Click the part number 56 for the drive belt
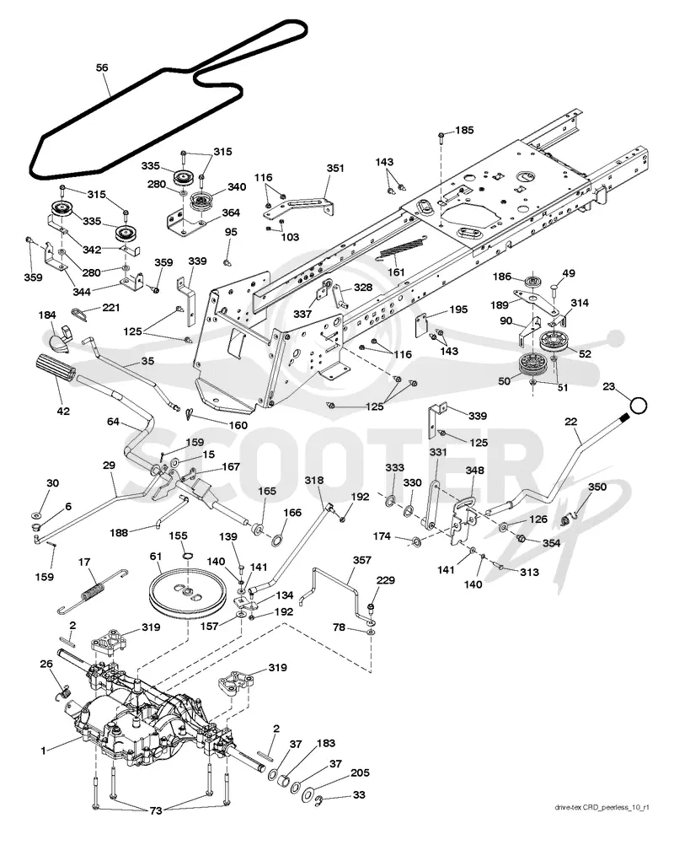point(102,67)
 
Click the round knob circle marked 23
point(639,406)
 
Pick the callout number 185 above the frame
point(464,130)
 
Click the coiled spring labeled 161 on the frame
point(403,247)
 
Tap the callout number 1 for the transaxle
point(44,751)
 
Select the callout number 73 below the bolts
point(156,811)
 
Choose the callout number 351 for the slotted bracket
point(334,168)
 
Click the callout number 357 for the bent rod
point(361,561)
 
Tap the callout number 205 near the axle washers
point(360,772)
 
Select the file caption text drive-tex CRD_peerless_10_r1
point(602,807)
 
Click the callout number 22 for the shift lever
point(570,422)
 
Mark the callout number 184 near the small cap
point(47,315)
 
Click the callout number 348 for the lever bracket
point(475,471)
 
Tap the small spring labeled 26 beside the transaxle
point(63,691)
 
